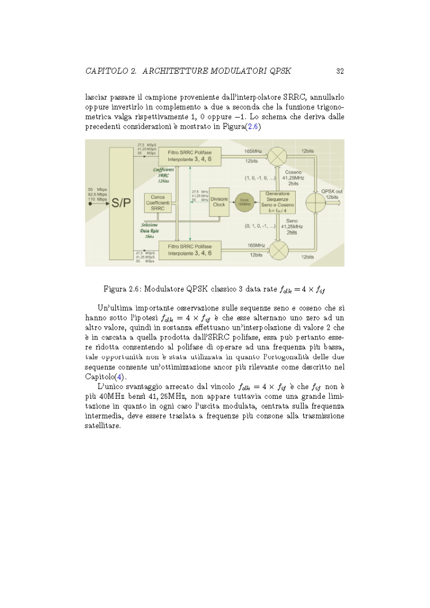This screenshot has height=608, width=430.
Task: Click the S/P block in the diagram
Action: point(120,202)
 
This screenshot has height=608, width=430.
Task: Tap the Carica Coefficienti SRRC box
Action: point(157,203)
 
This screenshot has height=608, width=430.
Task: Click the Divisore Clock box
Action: point(219,202)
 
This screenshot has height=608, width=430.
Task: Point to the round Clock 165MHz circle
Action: point(244,202)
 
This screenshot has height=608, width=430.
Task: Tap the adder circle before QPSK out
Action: point(316,203)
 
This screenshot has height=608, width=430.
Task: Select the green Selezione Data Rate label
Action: point(149,231)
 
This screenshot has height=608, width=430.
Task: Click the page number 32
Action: point(340,71)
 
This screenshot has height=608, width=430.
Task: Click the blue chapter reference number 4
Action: point(120,376)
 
